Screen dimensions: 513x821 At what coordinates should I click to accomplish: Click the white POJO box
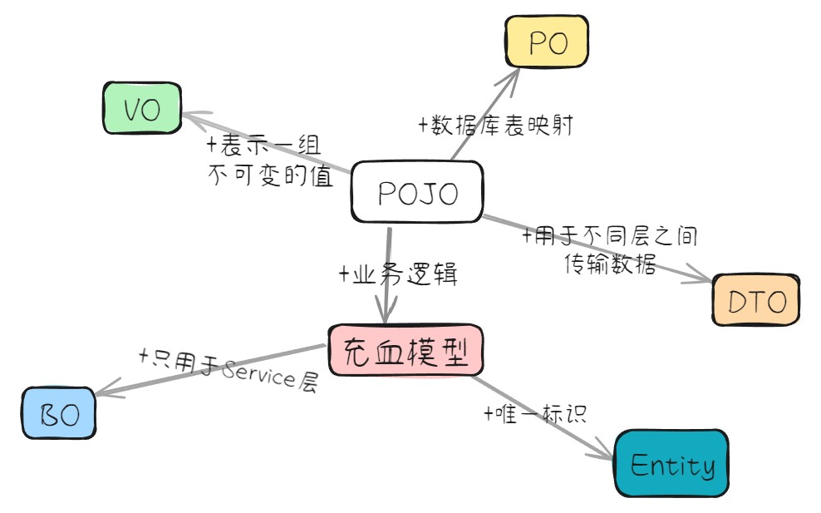point(417,192)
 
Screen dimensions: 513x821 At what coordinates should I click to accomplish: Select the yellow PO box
point(547,42)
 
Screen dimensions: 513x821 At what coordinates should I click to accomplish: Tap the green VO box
point(141,109)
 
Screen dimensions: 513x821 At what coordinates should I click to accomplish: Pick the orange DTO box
point(756,300)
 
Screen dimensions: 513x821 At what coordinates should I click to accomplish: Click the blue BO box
point(58,413)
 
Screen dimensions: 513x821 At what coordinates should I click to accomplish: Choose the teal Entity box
point(671,464)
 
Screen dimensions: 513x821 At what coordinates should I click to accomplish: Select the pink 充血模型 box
point(405,352)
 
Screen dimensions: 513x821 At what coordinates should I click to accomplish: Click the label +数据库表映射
point(495,126)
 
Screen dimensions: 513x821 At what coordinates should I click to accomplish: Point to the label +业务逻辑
point(398,275)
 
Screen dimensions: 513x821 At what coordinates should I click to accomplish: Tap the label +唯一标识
point(535,413)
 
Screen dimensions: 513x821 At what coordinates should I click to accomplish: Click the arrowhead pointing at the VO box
point(189,117)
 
